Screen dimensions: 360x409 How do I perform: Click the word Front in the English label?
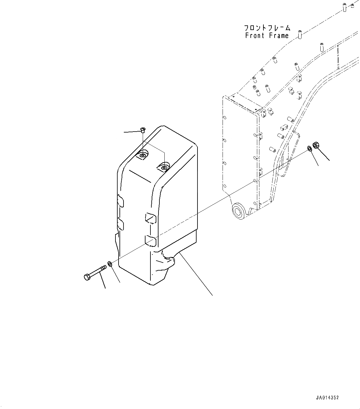(255, 36)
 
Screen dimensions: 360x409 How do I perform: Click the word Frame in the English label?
(279, 36)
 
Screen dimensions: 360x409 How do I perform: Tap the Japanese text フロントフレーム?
(267, 28)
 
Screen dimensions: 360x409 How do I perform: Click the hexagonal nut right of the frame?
(316, 145)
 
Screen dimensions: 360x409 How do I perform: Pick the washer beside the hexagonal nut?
(309, 149)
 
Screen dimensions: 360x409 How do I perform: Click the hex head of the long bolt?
(87, 277)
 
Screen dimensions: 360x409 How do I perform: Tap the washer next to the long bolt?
(110, 263)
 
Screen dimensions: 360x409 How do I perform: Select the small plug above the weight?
(143, 130)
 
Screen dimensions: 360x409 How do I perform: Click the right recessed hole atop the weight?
(164, 167)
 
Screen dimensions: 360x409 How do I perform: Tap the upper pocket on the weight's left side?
(120, 201)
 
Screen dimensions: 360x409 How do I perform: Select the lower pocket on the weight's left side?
(120, 225)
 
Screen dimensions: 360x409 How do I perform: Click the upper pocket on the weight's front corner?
(151, 218)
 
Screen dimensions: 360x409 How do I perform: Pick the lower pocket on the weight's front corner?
(151, 241)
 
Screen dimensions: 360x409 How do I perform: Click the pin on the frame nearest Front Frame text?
(300, 34)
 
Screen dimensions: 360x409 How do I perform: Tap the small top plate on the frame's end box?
(245, 103)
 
